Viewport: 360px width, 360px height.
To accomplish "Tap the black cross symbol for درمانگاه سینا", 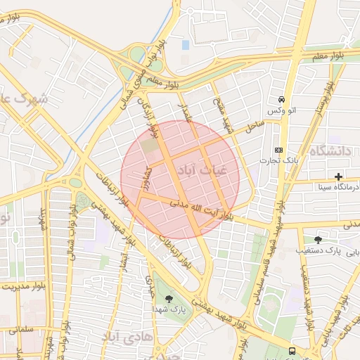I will [338, 176].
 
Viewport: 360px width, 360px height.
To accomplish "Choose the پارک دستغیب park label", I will [328, 250].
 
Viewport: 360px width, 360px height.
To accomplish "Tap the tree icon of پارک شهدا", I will [167, 299].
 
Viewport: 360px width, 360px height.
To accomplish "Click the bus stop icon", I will [292, 351].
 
